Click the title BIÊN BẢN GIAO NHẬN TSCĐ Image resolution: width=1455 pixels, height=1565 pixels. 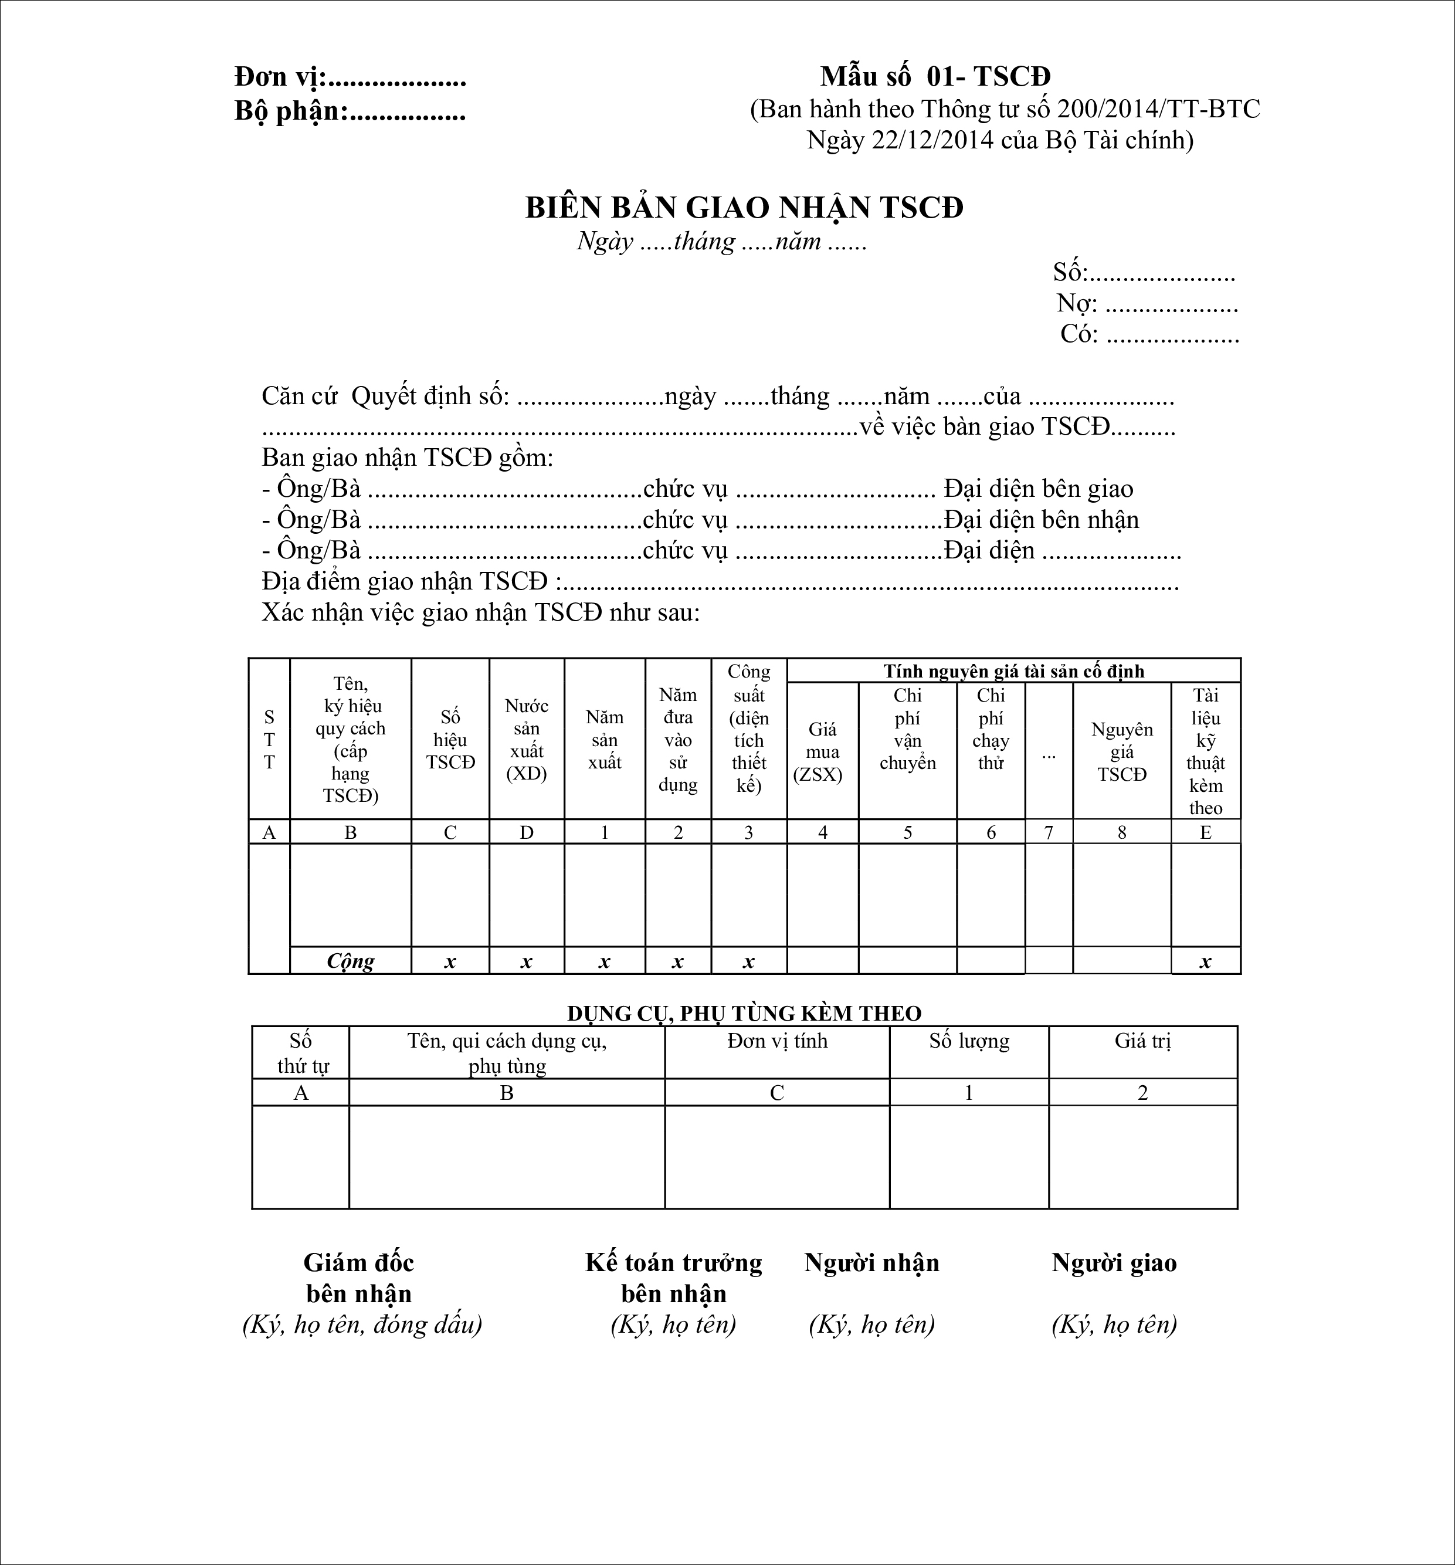[x=744, y=208]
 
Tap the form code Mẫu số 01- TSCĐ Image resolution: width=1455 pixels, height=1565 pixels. [x=935, y=76]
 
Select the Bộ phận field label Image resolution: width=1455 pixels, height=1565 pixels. [x=291, y=112]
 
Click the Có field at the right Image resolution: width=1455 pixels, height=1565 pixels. [x=1149, y=334]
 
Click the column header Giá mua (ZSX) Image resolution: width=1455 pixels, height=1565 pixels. [x=822, y=752]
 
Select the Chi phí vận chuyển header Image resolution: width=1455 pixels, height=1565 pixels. [x=907, y=729]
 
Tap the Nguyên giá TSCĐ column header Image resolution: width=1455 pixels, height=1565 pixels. [x=1121, y=752]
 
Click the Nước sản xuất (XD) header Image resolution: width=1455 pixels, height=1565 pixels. [x=527, y=740]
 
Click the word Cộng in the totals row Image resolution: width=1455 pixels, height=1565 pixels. [x=350, y=961]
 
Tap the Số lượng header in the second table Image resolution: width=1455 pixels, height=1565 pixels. [x=969, y=1042]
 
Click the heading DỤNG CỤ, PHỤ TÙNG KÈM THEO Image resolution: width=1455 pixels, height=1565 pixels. [x=744, y=1013]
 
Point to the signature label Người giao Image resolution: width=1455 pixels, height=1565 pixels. [x=1114, y=1263]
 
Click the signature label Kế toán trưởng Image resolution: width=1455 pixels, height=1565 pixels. [x=674, y=1263]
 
